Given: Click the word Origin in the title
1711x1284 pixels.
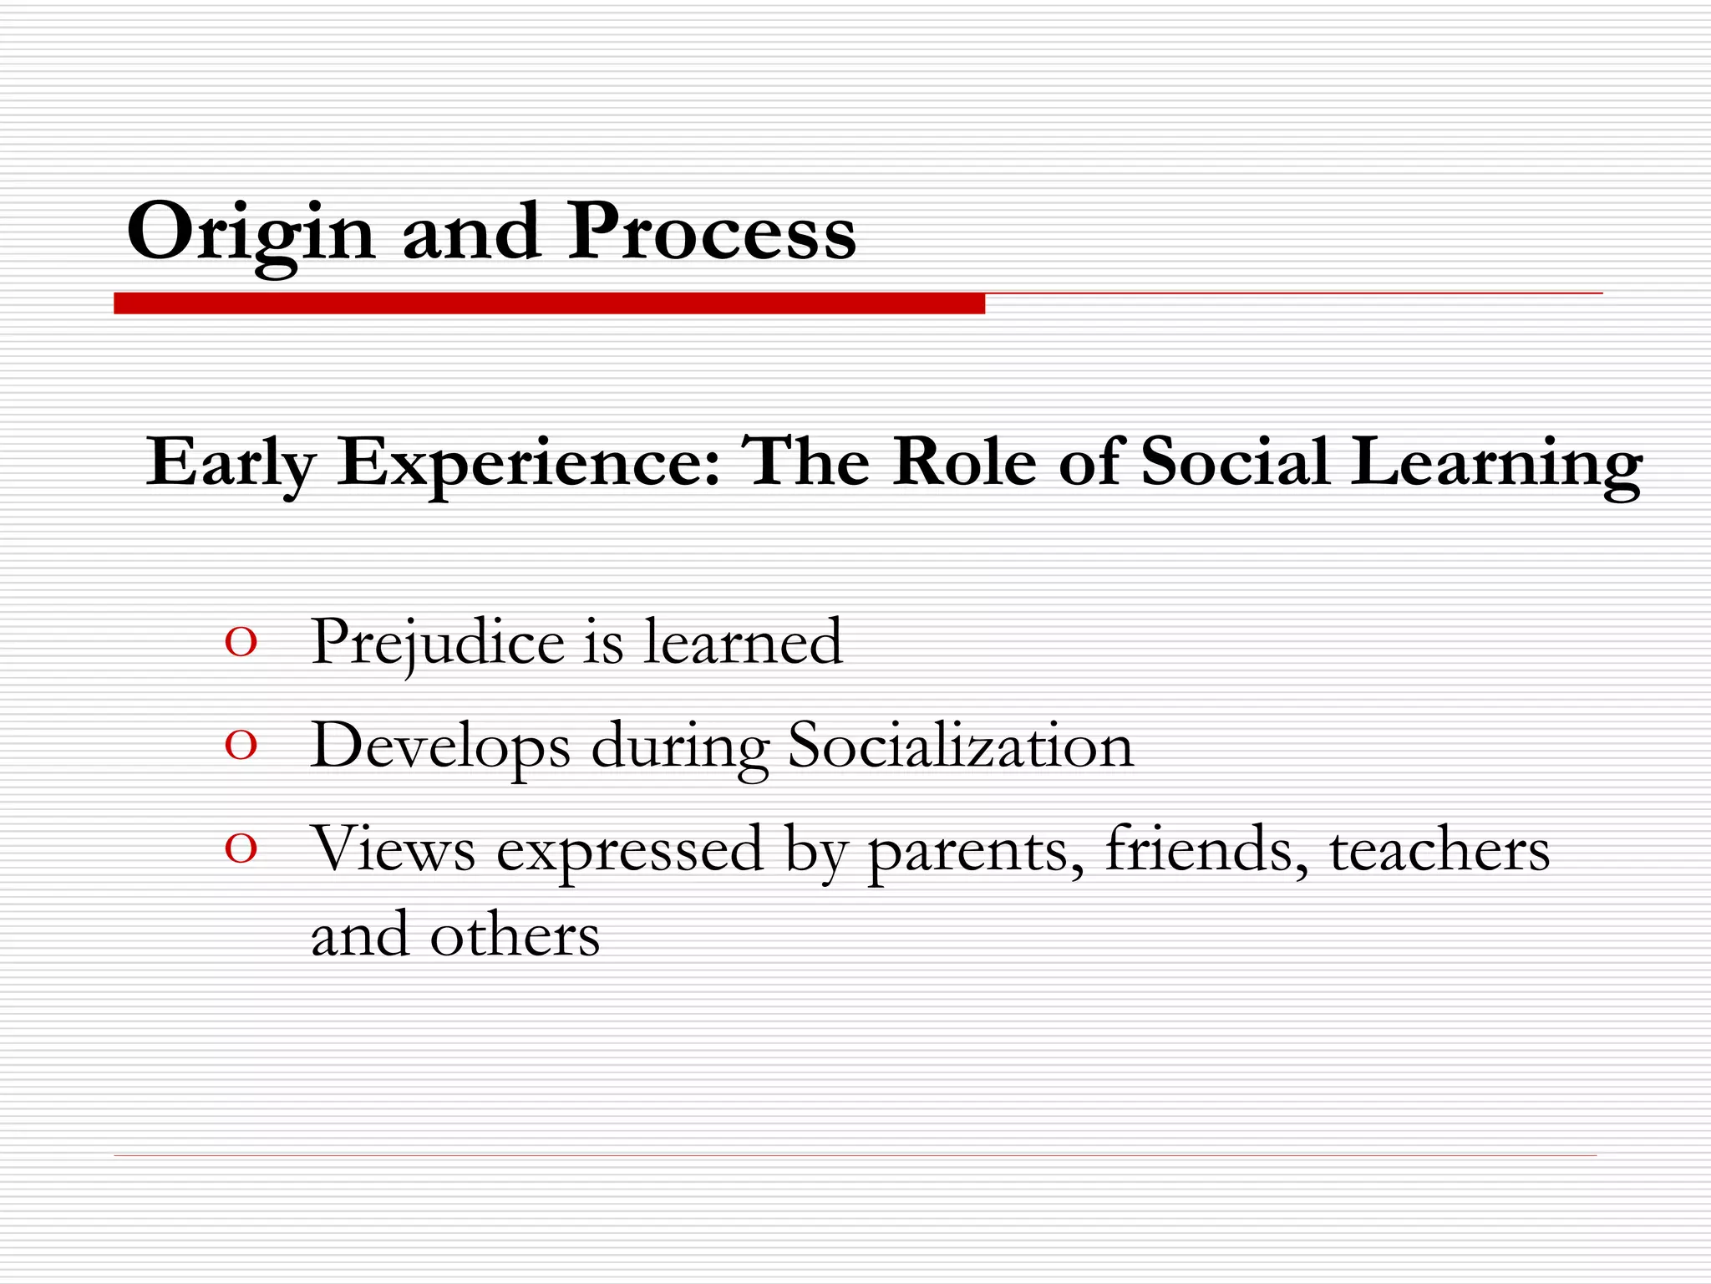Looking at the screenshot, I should click(x=251, y=232).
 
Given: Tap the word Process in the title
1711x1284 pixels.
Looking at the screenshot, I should click(x=712, y=232).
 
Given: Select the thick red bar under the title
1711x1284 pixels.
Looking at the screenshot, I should click(x=549, y=303).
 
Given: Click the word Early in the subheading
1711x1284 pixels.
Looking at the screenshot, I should click(x=231, y=462).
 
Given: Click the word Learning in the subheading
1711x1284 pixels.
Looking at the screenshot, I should click(x=1496, y=462).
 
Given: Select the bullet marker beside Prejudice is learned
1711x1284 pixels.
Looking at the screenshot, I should click(x=241, y=644).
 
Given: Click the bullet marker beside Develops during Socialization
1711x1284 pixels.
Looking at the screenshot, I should click(x=241, y=746).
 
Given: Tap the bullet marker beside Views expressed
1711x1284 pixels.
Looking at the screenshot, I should click(x=241, y=849).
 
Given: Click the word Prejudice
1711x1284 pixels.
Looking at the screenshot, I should click(x=438, y=644).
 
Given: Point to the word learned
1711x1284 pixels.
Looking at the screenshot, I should click(x=743, y=642).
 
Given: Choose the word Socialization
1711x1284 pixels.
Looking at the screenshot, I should click(x=961, y=745).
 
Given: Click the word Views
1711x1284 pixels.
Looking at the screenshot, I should click(x=393, y=848).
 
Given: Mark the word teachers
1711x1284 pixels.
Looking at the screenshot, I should click(x=1439, y=848).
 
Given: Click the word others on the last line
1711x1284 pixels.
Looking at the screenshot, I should click(x=515, y=935).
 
